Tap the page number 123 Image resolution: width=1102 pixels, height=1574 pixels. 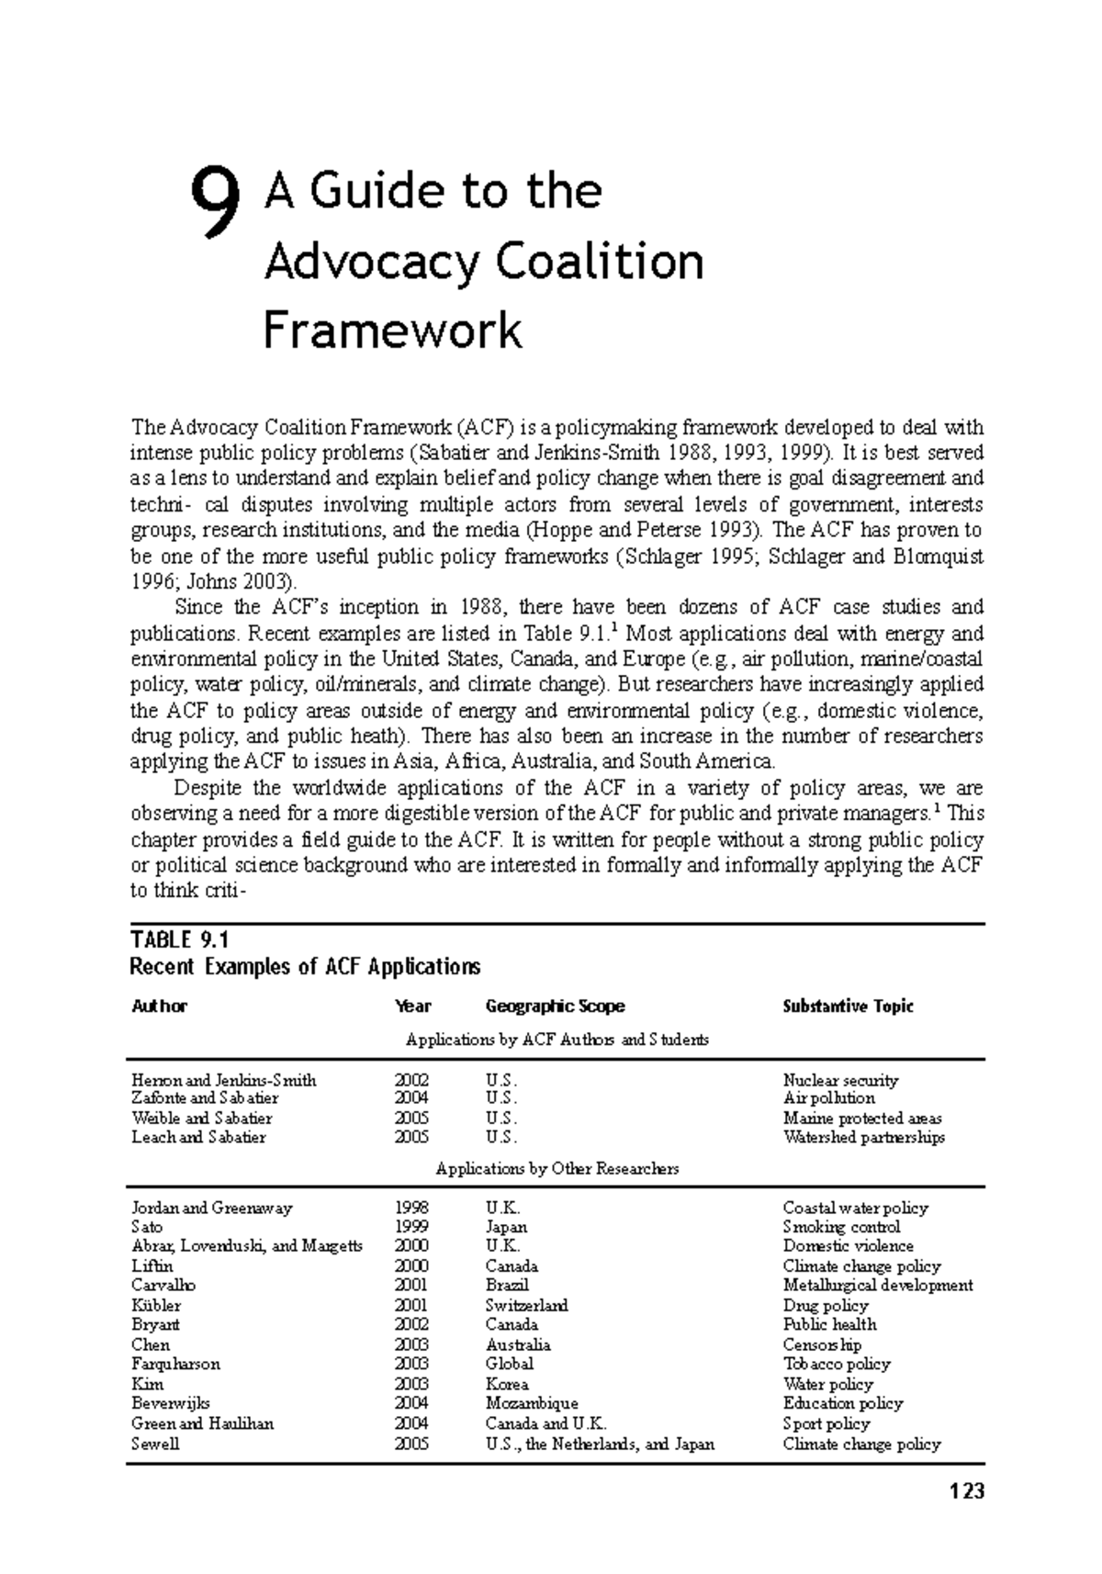(x=967, y=1490)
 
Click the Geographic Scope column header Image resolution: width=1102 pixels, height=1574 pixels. (x=555, y=1006)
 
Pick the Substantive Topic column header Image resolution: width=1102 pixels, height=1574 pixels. (x=848, y=1006)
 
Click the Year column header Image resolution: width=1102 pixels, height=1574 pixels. (x=412, y=1006)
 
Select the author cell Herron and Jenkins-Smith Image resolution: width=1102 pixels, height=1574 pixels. (x=224, y=1081)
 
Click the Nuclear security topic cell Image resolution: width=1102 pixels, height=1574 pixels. (x=840, y=1081)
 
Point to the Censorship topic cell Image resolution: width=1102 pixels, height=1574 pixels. (x=822, y=1344)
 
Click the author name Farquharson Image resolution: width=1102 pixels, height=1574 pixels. (x=175, y=1364)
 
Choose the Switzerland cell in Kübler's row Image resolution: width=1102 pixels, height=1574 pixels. (x=526, y=1305)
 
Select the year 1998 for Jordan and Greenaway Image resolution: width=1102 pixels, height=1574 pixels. (x=411, y=1208)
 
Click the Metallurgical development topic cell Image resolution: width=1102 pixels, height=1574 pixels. (x=877, y=1286)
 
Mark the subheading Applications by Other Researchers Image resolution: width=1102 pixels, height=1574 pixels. (x=557, y=1169)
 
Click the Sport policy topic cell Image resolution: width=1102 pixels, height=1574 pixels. (x=826, y=1423)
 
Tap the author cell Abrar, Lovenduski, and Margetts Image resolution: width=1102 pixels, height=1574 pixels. (x=247, y=1246)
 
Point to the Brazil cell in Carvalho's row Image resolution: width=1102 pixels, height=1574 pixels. (x=507, y=1286)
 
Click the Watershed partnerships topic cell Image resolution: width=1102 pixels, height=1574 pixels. (x=863, y=1138)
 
